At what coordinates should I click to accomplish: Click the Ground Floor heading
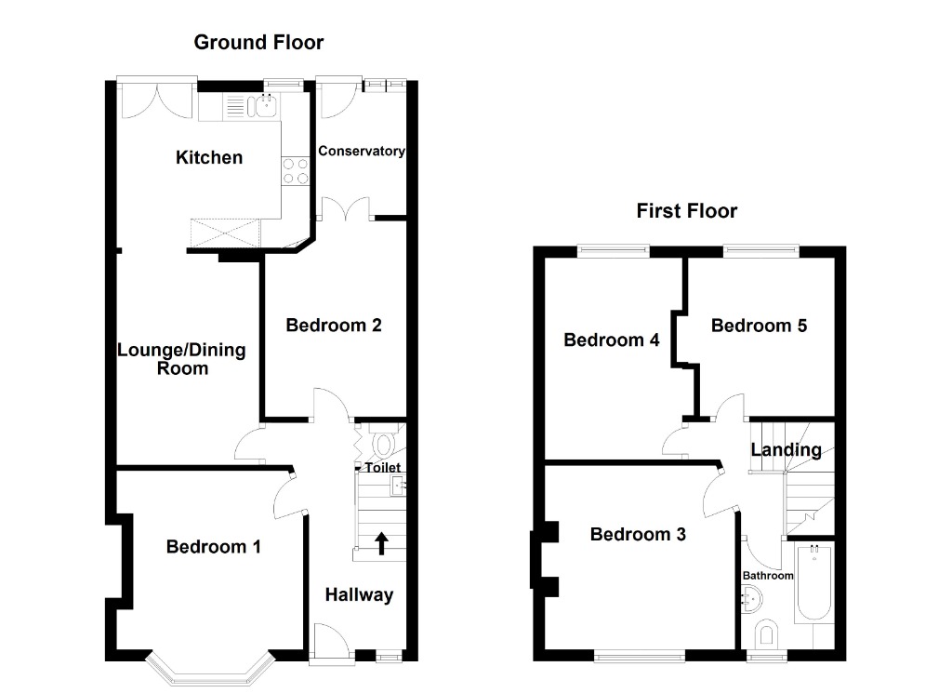point(258,42)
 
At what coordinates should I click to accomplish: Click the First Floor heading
point(686,211)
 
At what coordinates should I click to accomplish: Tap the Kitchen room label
point(209,157)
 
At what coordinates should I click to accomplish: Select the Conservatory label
point(362,151)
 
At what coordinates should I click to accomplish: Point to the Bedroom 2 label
point(334,326)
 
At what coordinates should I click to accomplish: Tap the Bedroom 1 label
point(213,547)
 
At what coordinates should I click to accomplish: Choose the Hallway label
point(359,595)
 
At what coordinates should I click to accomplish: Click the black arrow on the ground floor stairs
point(381,542)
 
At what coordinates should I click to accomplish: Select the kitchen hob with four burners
point(296,171)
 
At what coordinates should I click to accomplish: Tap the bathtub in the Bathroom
point(814,587)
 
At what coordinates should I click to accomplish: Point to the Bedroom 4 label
point(612,340)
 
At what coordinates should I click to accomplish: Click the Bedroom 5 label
point(759,326)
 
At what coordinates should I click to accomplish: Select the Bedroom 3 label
point(638,534)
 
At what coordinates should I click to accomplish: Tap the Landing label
point(786,450)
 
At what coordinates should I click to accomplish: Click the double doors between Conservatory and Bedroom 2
point(346,207)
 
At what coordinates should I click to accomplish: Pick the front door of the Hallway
point(327,642)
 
